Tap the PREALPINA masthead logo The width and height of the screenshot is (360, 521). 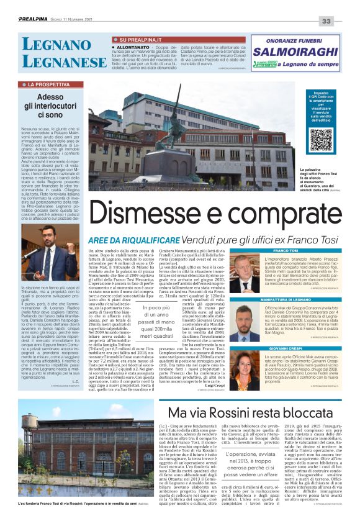[x=37, y=20]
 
